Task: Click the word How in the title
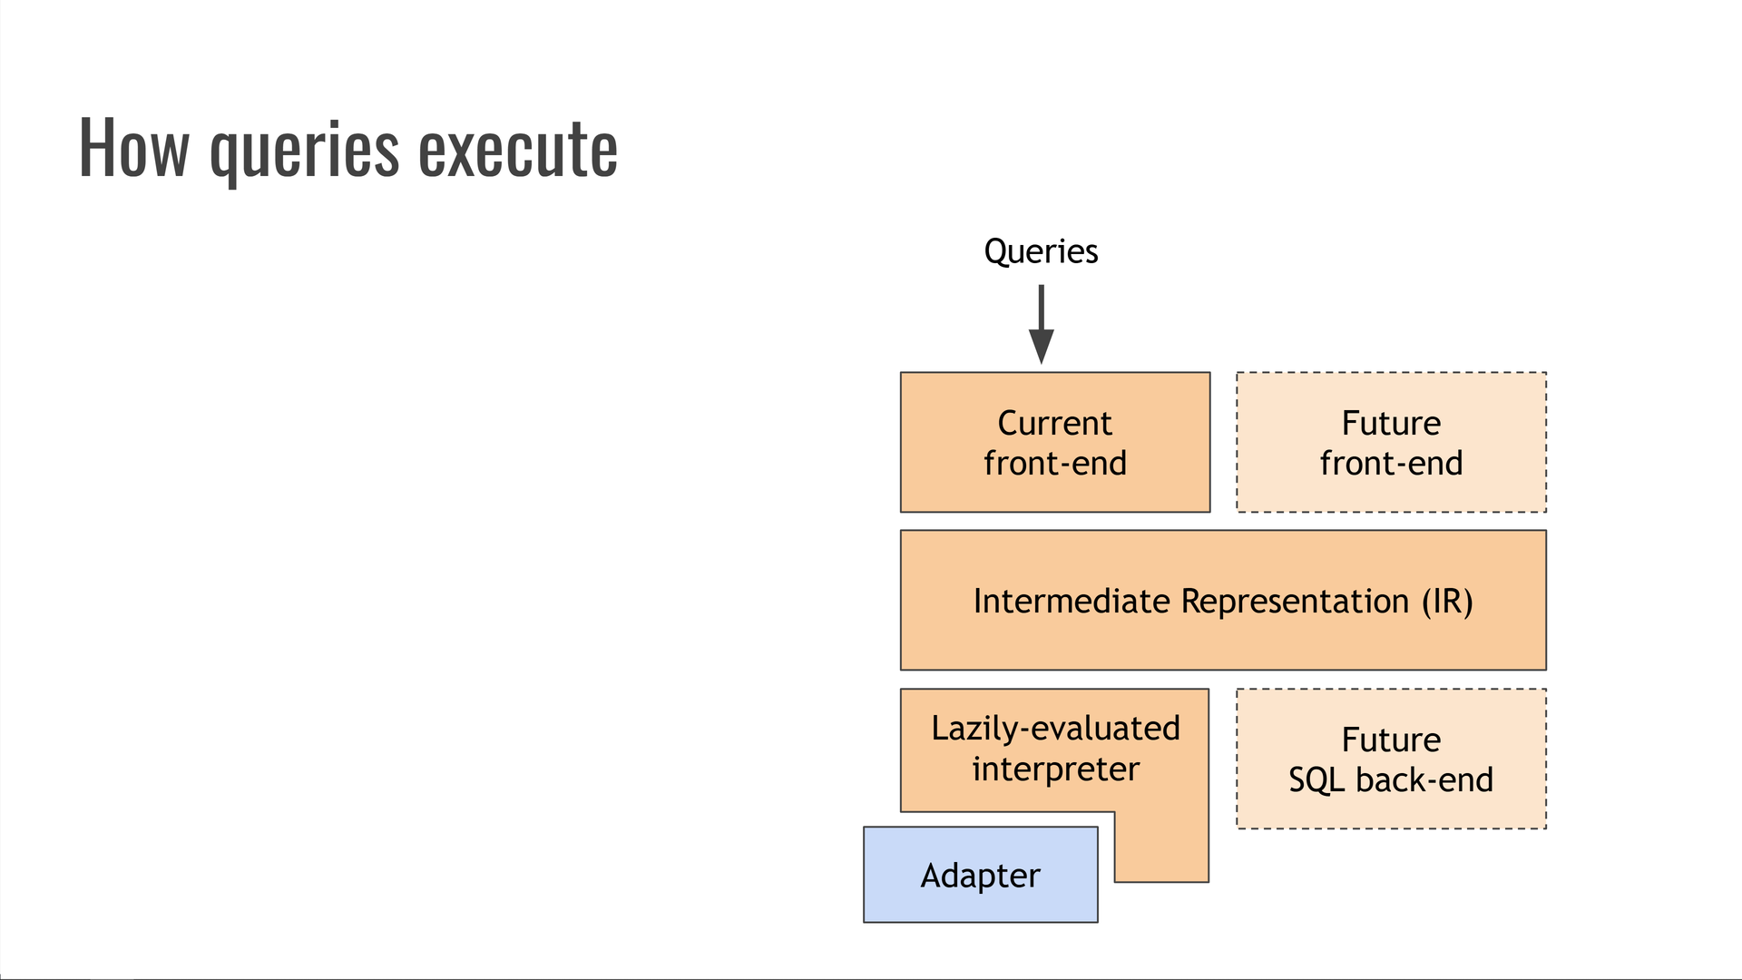pyautogui.click(x=134, y=148)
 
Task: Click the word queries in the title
pyautogui.click(x=304, y=150)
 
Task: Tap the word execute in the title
pyautogui.click(x=518, y=148)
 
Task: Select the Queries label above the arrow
pyautogui.click(x=1041, y=251)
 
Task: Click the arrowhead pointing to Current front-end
pyautogui.click(x=1041, y=347)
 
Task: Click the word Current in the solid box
pyautogui.click(x=1054, y=423)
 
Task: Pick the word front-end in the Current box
pyautogui.click(x=1054, y=464)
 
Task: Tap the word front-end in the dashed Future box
pyautogui.click(x=1391, y=464)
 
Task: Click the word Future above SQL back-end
pyautogui.click(x=1391, y=740)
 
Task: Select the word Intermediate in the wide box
pyautogui.click(x=1072, y=601)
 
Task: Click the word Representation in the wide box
pyautogui.click(x=1295, y=601)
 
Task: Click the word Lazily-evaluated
pyautogui.click(x=1055, y=728)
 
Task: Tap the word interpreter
pyautogui.click(x=1055, y=769)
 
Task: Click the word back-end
pyautogui.click(x=1424, y=780)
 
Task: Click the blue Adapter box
pyautogui.click(x=980, y=876)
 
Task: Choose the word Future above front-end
pyautogui.click(x=1391, y=423)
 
